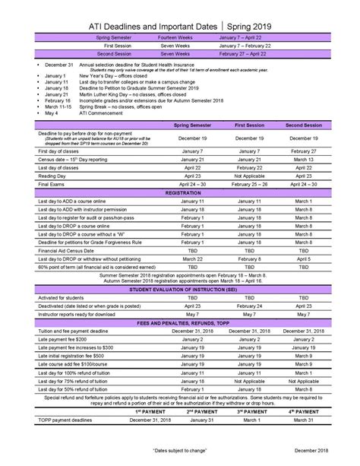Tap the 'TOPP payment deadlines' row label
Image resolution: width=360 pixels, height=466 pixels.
[71, 419]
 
